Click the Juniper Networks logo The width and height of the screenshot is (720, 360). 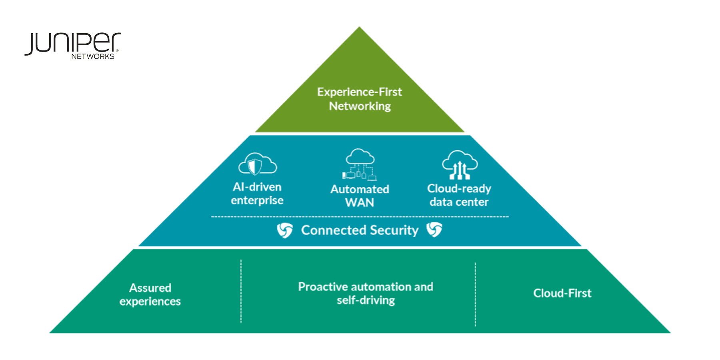(x=72, y=45)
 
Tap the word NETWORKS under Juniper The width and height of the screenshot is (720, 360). (x=93, y=56)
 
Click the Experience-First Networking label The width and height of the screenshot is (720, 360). (x=360, y=99)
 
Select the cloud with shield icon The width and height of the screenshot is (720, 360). (x=257, y=164)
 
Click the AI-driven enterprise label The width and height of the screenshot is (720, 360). (x=257, y=194)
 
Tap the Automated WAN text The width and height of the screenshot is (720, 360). (x=360, y=196)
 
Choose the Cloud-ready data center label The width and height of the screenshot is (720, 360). (x=459, y=195)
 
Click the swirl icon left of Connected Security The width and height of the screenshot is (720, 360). (x=285, y=230)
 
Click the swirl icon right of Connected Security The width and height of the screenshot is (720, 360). (x=434, y=230)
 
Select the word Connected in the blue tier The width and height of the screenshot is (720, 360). (x=333, y=230)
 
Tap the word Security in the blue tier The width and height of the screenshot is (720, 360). (x=394, y=230)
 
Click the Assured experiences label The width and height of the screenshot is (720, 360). (x=150, y=294)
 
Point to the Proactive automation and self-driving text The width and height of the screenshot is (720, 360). (x=366, y=293)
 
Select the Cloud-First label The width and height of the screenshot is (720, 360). (x=562, y=293)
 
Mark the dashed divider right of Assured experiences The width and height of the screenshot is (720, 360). (x=241, y=291)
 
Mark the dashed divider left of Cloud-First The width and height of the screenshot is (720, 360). (x=475, y=294)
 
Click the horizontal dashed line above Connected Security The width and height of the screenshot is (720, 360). (x=360, y=217)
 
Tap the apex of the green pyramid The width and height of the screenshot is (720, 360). (x=360, y=29)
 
